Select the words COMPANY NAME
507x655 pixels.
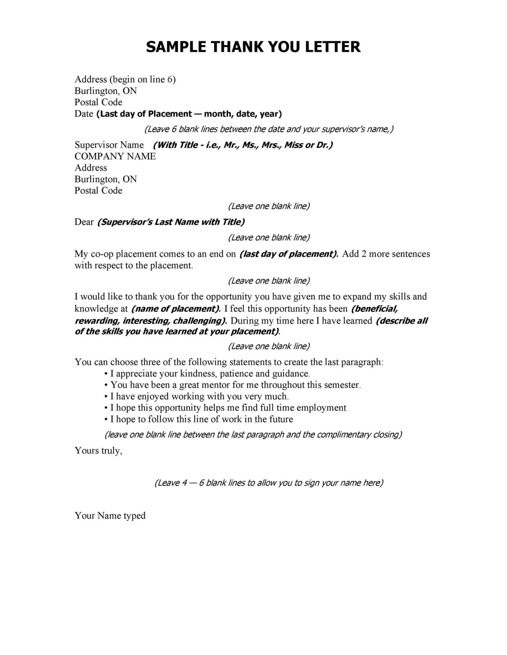pos(115,156)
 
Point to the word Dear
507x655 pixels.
pos(84,222)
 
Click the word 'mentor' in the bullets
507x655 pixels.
pos(212,385)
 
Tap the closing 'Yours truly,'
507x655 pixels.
pos(99,450)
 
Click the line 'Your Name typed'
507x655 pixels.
pos(110,515)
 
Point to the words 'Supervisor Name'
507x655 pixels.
pos(109,145)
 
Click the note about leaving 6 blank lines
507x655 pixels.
pos(269,129)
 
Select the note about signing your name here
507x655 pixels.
pos(269,483)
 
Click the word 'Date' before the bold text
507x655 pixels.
pos(84,114)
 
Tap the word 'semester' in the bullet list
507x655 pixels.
pos(342,385)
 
